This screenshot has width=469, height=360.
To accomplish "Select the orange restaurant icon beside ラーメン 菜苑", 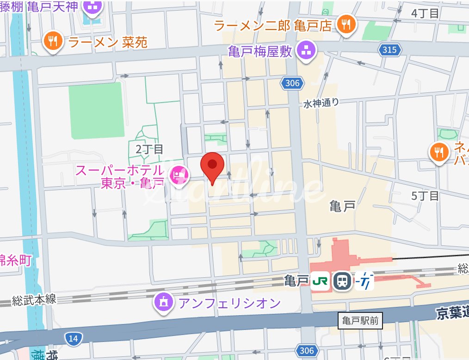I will point(54,42).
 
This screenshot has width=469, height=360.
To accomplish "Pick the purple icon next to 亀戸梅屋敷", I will point(305,50).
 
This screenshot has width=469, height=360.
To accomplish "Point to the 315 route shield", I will point(389,49).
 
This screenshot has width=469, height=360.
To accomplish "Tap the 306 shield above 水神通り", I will point(293,83).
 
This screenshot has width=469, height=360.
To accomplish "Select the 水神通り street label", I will point(321,103).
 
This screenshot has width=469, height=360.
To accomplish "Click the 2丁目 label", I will point(149,149).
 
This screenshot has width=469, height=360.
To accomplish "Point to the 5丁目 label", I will point(425,196).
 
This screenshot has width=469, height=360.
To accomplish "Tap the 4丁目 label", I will point(425,13).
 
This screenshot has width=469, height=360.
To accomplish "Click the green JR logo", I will point(320,281).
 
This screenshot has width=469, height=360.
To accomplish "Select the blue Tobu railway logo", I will point(364,281).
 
